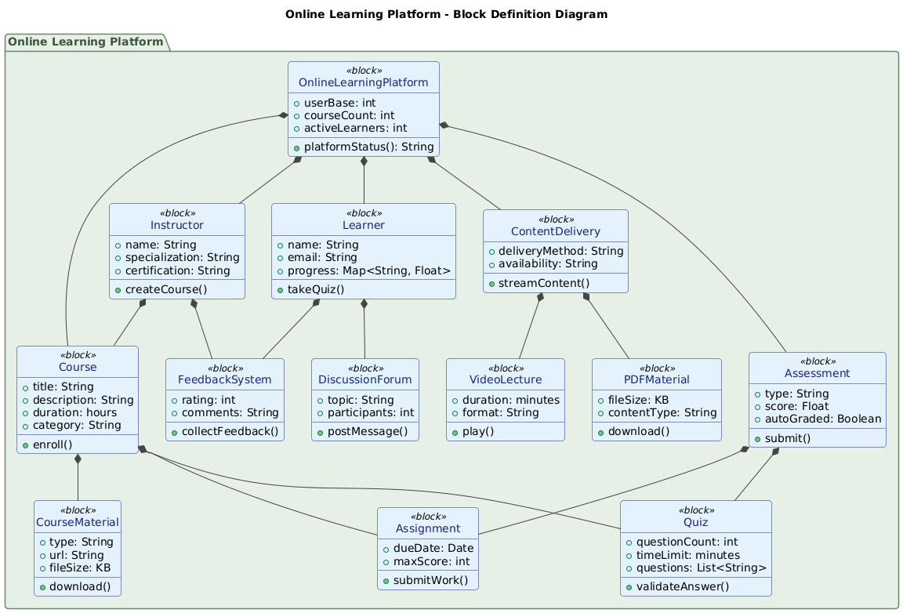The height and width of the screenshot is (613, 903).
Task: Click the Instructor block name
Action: click(177, 226)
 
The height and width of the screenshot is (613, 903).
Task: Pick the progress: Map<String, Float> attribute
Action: click(368, 270)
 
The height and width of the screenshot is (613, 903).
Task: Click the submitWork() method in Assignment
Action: click(433, 579)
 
